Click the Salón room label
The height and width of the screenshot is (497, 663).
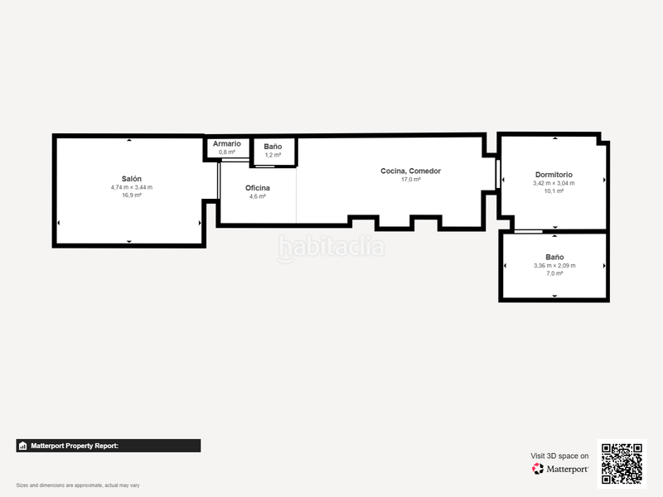(x=131, y=179)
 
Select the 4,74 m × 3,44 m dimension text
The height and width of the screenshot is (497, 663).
(x=131, y=187)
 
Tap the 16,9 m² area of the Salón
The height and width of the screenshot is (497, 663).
(x=131, y=195)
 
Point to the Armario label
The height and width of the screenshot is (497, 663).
(x=226, y=144)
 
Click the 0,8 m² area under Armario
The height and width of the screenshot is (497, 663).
(x=226, y=152)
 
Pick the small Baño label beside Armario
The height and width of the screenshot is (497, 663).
(x=273, y=147)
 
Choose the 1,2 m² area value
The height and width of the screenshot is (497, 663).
(x=273, y=155)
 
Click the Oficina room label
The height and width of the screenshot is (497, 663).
(x=258, y=188)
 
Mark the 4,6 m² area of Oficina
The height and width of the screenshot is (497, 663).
(x=258, y=196)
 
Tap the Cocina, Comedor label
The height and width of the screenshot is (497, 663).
(x=411, y=171)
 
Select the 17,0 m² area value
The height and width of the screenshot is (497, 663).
(x=411, y=179)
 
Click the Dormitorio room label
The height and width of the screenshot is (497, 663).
(x=554, y=175)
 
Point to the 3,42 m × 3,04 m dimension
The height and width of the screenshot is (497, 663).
(x=554, y=183)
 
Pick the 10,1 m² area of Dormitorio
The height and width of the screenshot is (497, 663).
(x=554, y=191)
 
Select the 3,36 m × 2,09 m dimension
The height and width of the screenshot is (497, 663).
(x=554, y=265)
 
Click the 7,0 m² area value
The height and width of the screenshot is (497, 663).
(x=554, y=273)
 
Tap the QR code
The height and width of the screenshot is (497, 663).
(x=622, y=463)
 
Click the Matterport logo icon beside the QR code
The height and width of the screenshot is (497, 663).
(x=538, y=469)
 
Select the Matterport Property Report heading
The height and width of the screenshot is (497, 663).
(x=75, y=446)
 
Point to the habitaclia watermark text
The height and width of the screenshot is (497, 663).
(x=331, y=247)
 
